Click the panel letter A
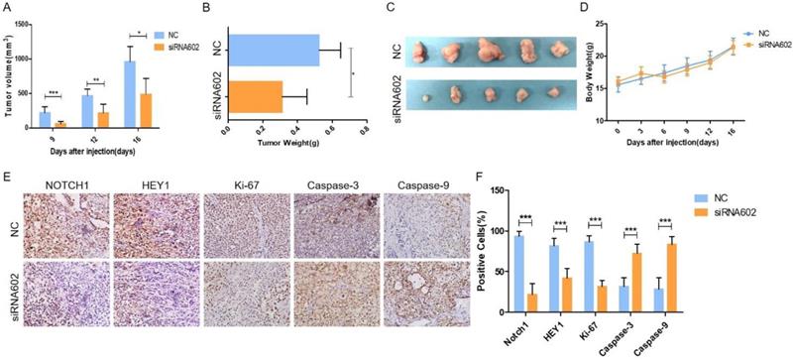tap(8, 9)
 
